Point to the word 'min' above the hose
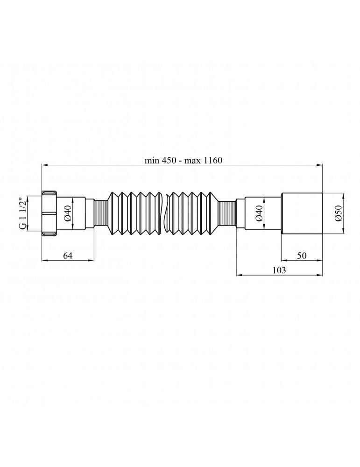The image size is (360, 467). pyautogui.click(x=151, y=160)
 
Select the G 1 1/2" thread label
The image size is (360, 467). pyautogui.click(x=22, y=213)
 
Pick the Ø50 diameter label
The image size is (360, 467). pyautogui.click(x=338, y=213)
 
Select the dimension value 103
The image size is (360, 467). pyautogui.click(x=279, y=270)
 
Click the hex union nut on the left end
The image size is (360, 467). pyautogui.click(x=49, y=213)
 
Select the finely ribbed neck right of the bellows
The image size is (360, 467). pyautogui.click(x=227, y=213)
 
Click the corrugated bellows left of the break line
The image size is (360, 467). pyautogui.click(x=133, y=213)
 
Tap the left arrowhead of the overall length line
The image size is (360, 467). pyautogui.click(x=45, y=165)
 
